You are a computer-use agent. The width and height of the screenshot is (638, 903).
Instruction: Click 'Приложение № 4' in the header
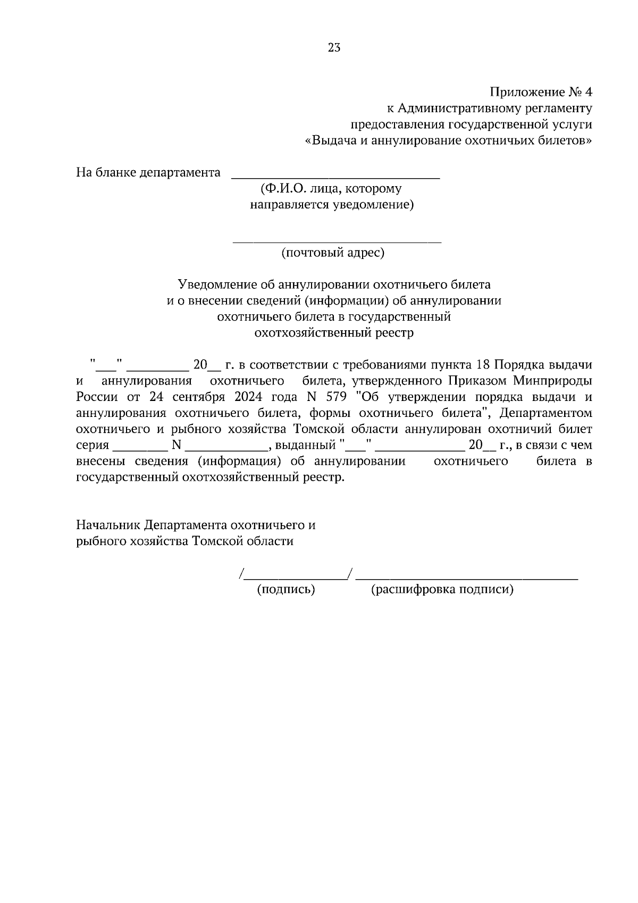click(540, 92)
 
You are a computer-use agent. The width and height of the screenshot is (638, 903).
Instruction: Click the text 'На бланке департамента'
click(148, 173)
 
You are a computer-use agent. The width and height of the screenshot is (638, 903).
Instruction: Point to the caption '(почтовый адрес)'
click(332, 253)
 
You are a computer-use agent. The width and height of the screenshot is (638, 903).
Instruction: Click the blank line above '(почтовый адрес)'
click(337, 242)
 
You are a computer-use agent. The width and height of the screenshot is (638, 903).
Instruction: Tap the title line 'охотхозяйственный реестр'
click(334, 333)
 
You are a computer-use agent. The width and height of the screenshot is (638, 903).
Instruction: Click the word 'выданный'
click(305, 445)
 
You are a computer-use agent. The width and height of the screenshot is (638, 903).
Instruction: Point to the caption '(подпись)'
click(286, 589)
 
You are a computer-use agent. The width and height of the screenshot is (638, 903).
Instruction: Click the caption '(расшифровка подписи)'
click(442, 589)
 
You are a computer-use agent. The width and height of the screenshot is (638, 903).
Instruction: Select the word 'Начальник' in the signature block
click(108, 525)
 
